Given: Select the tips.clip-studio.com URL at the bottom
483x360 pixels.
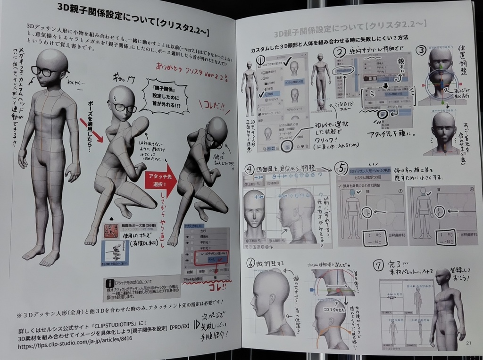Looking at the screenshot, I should point(68,346).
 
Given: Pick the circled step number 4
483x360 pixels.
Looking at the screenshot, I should point(249,168).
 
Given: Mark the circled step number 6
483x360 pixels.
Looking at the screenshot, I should point(251,263).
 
